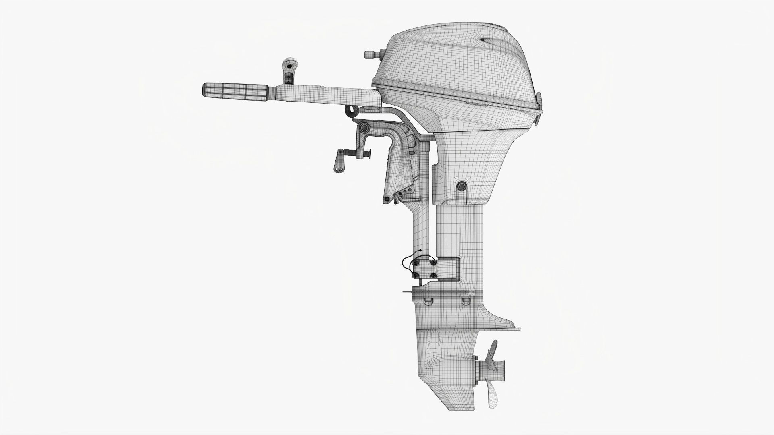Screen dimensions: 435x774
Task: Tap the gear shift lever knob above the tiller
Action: [288, 63]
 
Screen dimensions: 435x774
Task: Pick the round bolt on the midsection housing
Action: [461, 186]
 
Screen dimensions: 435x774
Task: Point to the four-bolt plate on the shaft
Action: [423, 269]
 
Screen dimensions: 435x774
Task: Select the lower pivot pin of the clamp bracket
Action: [387, 199]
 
